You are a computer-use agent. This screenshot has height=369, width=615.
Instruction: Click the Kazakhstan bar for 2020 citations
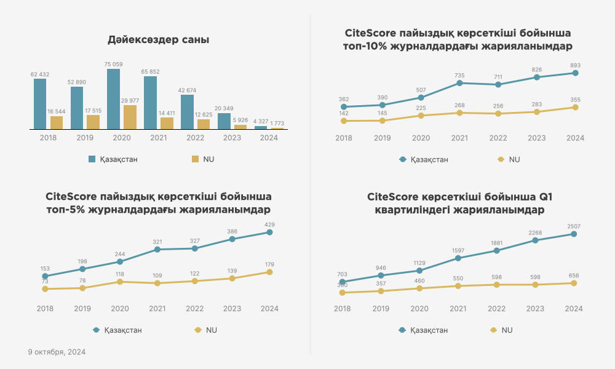113,99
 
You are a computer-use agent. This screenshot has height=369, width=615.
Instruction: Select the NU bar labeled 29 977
130,117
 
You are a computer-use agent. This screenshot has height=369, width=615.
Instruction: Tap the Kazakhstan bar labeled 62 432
40,104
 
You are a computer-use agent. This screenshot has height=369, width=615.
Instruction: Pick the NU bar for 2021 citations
167,123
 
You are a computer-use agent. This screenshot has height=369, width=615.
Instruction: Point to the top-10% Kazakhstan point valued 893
575,73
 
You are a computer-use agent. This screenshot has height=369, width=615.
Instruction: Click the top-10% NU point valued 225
421,116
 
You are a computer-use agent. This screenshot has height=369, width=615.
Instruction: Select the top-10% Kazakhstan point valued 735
459,83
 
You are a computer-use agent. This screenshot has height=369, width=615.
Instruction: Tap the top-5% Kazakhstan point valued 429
269,232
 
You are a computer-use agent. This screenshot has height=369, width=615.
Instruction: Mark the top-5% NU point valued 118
120,282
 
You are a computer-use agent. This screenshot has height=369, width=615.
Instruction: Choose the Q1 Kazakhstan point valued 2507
574,234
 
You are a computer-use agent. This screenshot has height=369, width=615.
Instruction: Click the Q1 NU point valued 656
574,283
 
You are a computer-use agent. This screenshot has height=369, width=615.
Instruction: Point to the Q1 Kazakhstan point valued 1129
419,271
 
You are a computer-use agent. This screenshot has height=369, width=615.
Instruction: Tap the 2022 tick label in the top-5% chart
195,309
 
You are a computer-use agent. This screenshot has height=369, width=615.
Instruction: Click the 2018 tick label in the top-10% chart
344,138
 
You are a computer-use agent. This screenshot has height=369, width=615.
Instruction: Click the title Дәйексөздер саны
158,40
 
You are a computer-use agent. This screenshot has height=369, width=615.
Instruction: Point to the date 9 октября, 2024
57,352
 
